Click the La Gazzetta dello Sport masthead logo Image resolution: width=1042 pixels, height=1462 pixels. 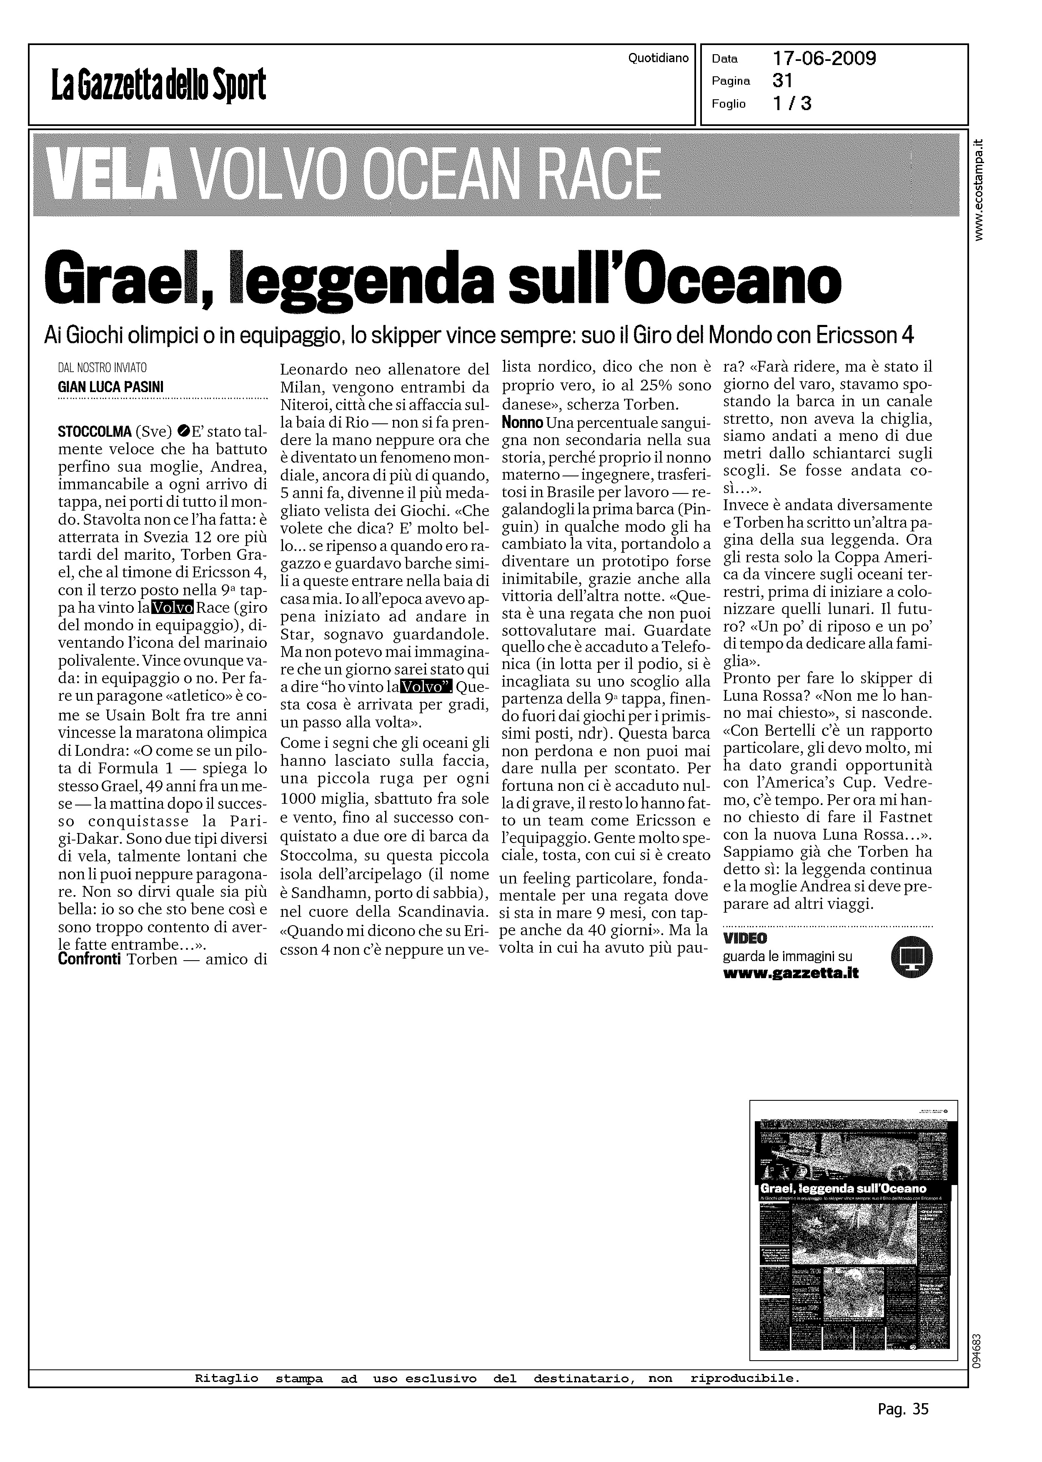158,86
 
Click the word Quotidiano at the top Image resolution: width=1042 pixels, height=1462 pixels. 658,58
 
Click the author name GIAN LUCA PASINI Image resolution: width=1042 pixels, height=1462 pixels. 111,388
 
